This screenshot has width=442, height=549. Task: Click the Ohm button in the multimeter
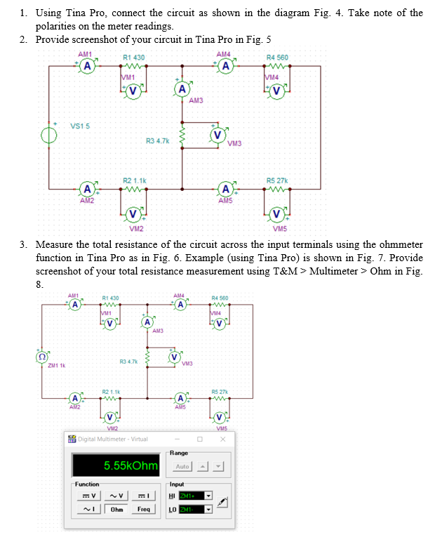(116, 509)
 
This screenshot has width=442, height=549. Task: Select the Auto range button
(182, 467)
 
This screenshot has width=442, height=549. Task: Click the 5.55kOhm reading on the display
(131, 466)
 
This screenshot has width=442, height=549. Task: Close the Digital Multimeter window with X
(222, 439)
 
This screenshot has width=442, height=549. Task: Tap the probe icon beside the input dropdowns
(223, 502)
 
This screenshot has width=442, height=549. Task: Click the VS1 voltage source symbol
(50, 135)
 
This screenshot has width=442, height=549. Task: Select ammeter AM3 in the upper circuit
(182, 88)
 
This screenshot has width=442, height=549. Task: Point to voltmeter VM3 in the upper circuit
(217, 133)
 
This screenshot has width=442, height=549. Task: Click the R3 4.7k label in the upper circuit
(157, 141)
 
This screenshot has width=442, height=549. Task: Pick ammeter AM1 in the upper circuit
(86, 67)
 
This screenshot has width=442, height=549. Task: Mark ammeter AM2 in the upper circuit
(86, 190)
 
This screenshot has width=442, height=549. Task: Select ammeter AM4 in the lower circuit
(180, 305)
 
